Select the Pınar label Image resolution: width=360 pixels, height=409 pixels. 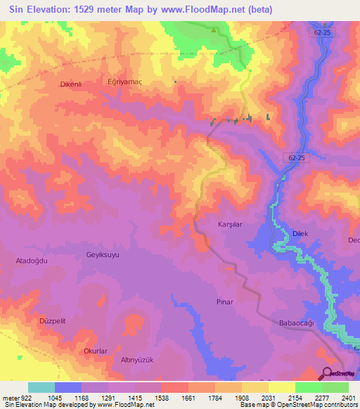click(x=224, y=301)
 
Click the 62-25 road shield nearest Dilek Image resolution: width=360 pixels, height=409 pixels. click(x=297, y=158)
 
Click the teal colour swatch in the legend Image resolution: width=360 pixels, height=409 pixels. click(x=41, y=387)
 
